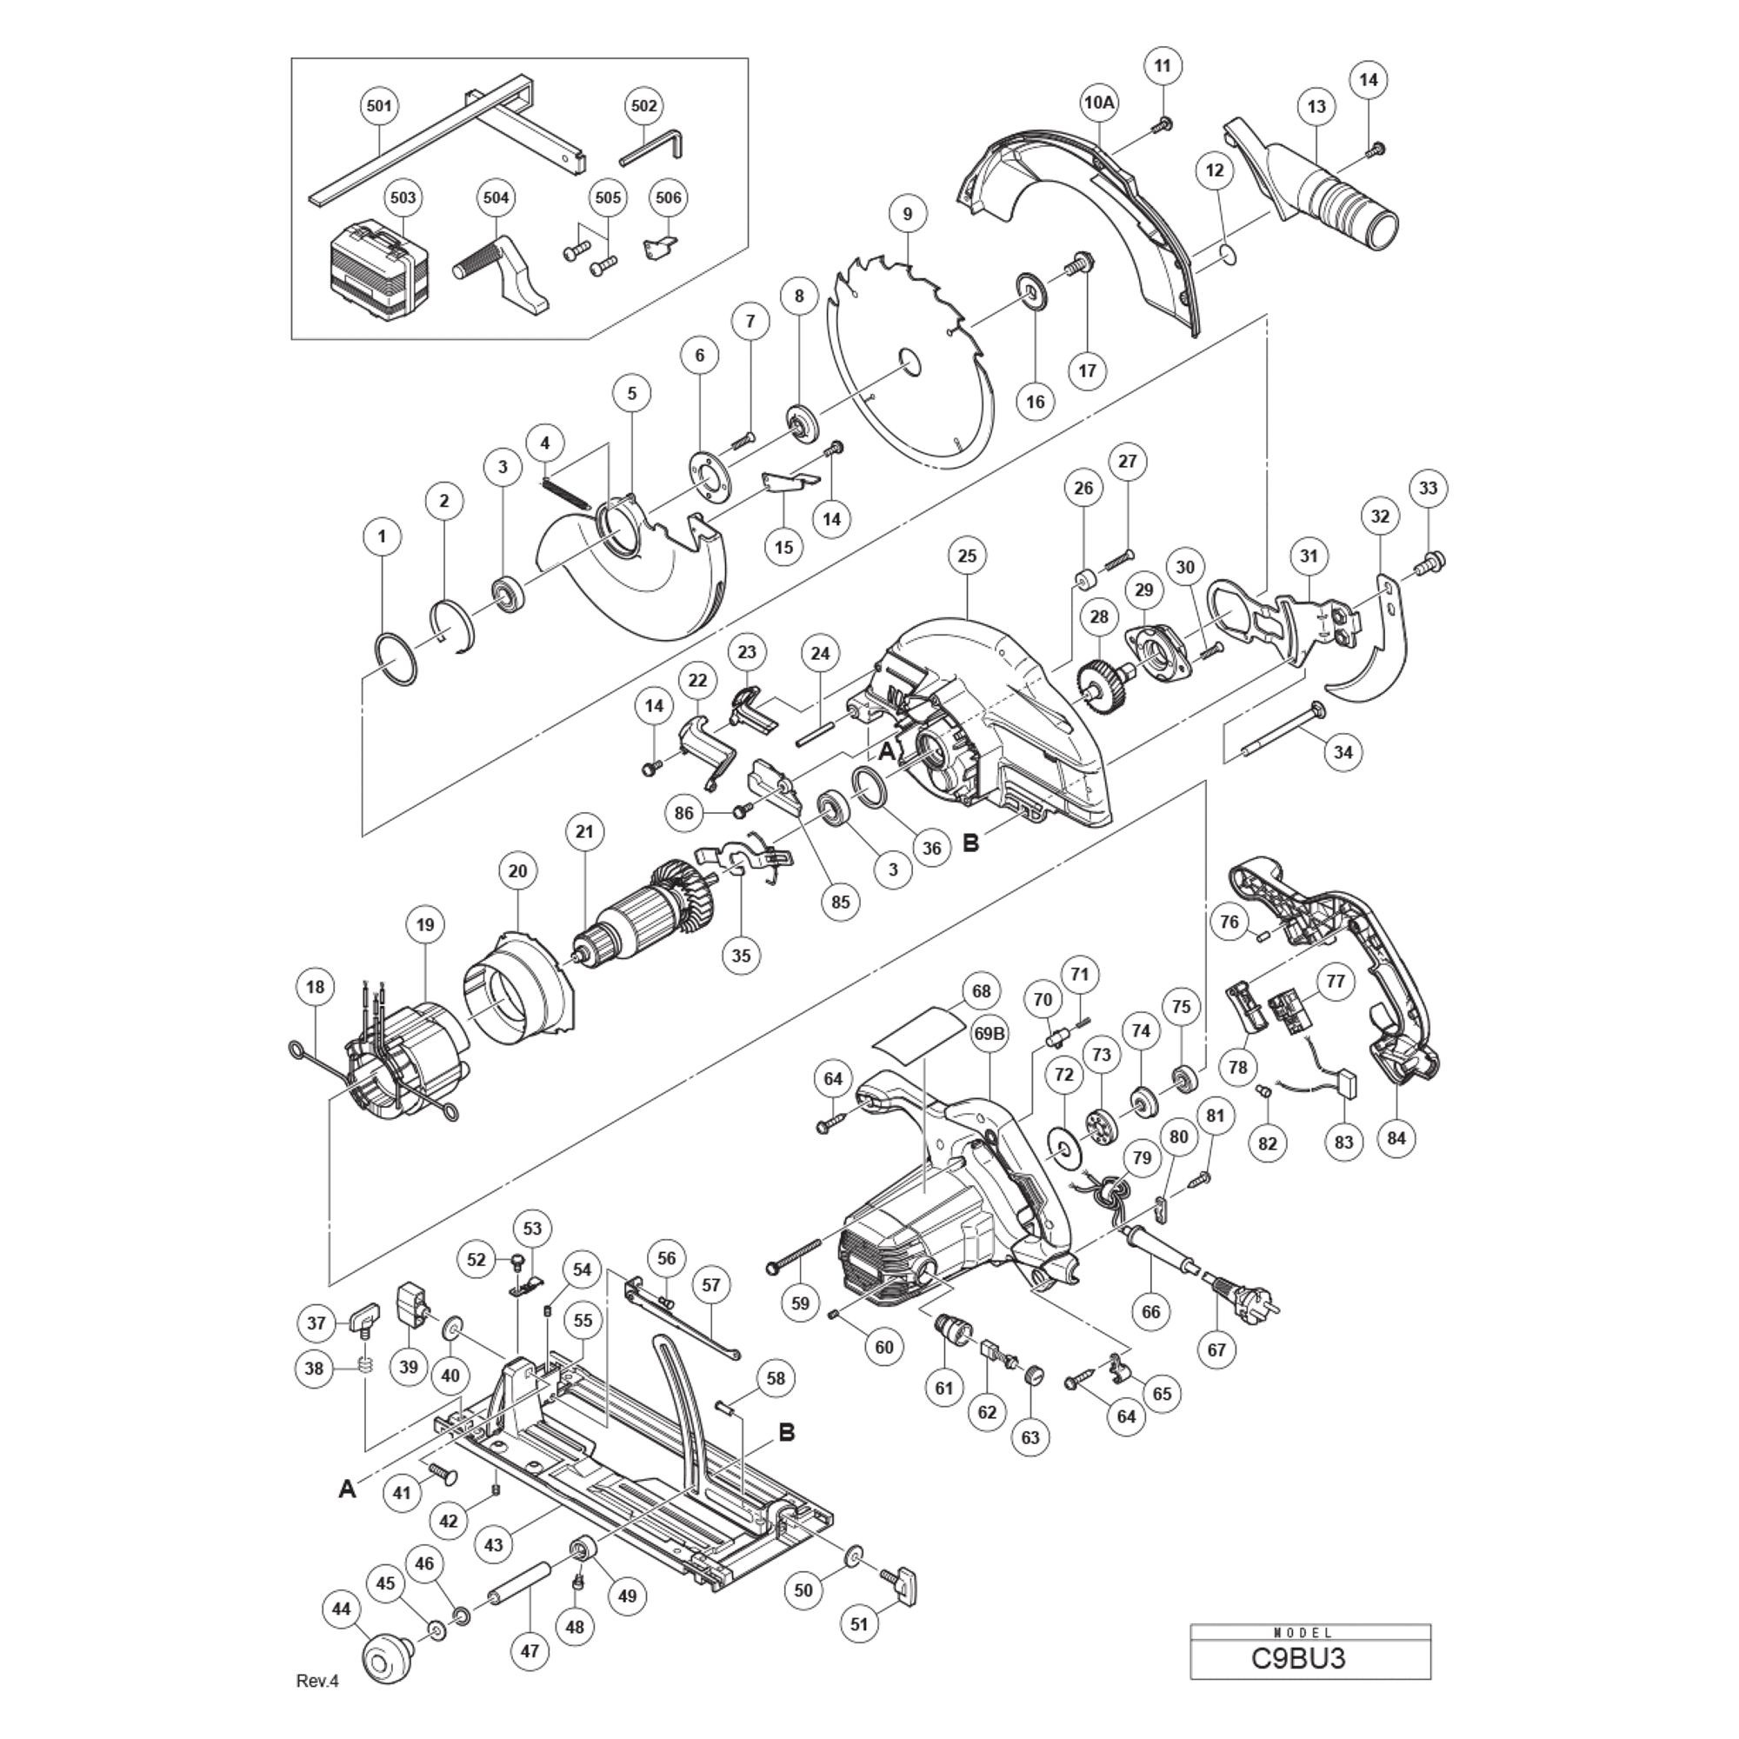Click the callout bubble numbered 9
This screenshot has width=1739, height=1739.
(907, 213)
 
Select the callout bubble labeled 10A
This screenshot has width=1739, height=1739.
(1098, 103)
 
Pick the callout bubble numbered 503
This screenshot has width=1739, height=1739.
(403, 197)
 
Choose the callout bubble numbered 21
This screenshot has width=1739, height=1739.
(585, 830)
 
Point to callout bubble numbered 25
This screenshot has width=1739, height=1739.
(967, 556)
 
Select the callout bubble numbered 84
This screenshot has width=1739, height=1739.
(1396, 1137)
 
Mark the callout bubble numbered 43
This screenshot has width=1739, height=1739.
(494, 1544)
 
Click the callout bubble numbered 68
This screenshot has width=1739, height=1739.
(981, 991)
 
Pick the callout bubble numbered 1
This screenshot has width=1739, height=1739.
(383, 536)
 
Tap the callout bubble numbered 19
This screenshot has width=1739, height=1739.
(426, 923)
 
